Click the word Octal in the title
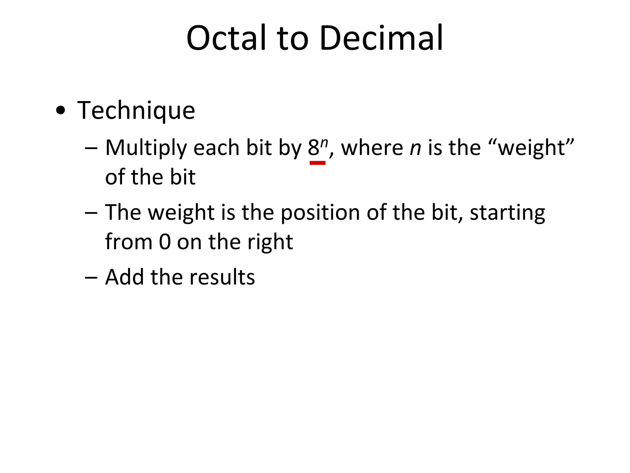pos(226,38)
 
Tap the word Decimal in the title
pos(381,38)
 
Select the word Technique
pos(136,110)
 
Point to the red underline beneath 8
pos(317,163)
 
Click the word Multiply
pos(146,148)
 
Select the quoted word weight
pos(532,148)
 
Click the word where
pos(372,148)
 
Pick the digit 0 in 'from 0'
pos(165,242)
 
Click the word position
pos(320,212)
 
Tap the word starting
pos(507,212)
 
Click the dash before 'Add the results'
pos(91,277)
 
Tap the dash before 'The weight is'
pos(91,212)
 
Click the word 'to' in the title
pos(293,38)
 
